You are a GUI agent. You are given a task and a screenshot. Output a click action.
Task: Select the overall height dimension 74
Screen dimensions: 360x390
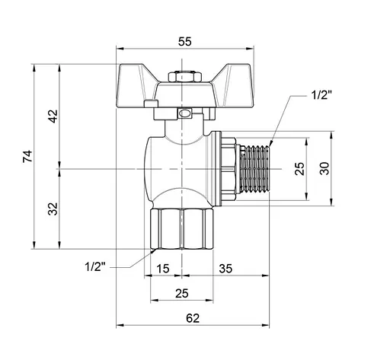[28, 157]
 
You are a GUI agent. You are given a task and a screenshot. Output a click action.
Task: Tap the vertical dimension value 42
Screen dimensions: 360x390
[53, 116]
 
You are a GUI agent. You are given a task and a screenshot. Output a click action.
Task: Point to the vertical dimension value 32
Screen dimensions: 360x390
[53, 209]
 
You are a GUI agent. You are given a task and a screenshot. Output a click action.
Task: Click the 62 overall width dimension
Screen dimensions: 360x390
[192, 318]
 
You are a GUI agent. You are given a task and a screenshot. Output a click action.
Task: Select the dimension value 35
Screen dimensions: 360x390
[225, 267]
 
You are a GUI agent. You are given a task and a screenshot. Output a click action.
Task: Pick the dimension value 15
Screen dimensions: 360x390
[163, 267]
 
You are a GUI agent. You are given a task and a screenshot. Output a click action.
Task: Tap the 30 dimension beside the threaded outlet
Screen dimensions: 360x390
[325, 167]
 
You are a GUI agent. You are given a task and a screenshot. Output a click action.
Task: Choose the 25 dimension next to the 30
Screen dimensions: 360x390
[299, 167]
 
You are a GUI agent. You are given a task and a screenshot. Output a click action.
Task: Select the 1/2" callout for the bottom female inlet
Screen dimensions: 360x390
[95, 266]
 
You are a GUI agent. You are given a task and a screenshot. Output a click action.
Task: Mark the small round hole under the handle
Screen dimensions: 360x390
[184, 115]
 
